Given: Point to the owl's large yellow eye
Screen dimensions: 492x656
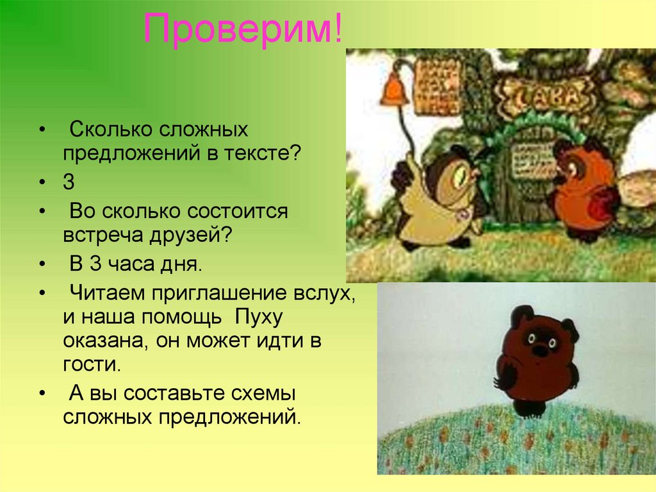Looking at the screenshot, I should click(x=460, y=177).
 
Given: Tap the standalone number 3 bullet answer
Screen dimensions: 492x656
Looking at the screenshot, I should click(x=69, y=182).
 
